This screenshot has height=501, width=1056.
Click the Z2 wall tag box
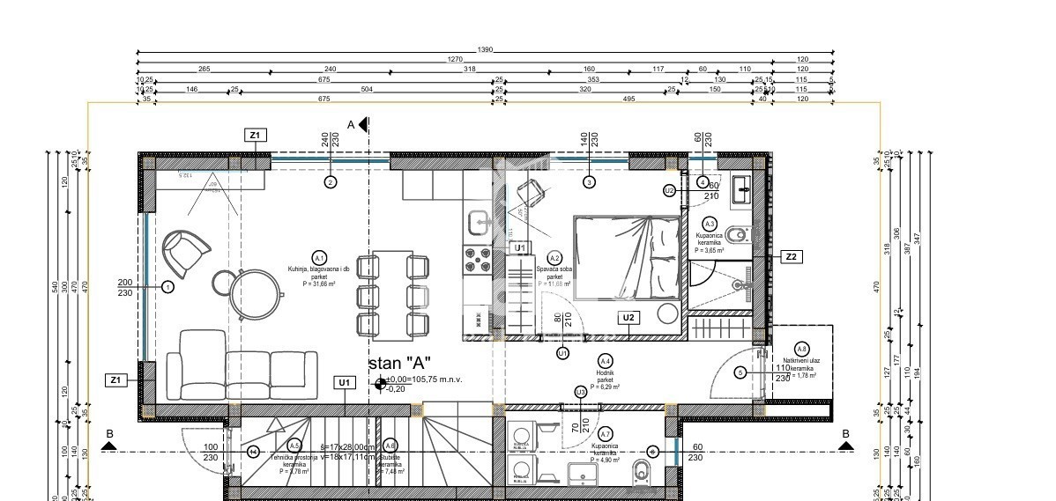click(x=791, y=256)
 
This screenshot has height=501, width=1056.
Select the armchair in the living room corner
click(x=186, y=251)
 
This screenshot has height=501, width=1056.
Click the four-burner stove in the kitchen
click(x=477, y=259)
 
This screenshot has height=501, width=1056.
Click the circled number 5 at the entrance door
click(x=740, y=372)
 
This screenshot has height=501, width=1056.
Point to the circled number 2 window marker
click(x=330, y=182)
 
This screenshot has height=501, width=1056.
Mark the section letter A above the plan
click(x=350, y=125)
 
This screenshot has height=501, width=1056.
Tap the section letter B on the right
click(x=844, y=434)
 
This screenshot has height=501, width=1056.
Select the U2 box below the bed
click(x=628, y=318)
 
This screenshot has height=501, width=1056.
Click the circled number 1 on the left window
click(x=168, y=286)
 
